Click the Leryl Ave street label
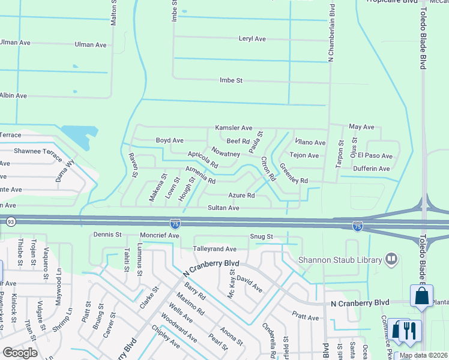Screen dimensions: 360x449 pyautogui.click(x=252, y=39)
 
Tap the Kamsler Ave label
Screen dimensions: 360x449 pyautogui.click(x=234, y=128)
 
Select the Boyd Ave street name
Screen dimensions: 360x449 pyautogui.click(x=170, y=140)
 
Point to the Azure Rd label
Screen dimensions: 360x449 pyautogui.click(x=242, y=196)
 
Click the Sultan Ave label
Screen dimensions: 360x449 pyautogui.click(x=223, y=208)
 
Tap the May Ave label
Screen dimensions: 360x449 pyautogui.click(x=361, y=127)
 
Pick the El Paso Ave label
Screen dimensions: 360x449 pyautogui.click(x=375, y=156)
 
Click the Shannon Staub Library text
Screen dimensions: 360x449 pyautogui.click(x=340, y=260)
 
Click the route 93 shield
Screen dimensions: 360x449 pyautogui.click(x=11, y=222)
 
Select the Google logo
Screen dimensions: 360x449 pyautogui.click(x=20, y=353)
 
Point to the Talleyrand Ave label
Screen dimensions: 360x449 pyautogui.click(x=214, y=248)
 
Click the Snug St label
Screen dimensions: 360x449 pyautogui.click(x=262, y=237)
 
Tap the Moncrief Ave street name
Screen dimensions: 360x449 pyautogui.click(x=160, y=236)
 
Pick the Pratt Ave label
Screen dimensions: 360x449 pyautogui.click(x=306, y=317)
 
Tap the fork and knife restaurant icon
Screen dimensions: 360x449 pyautogui.click(x=410, y=331)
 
